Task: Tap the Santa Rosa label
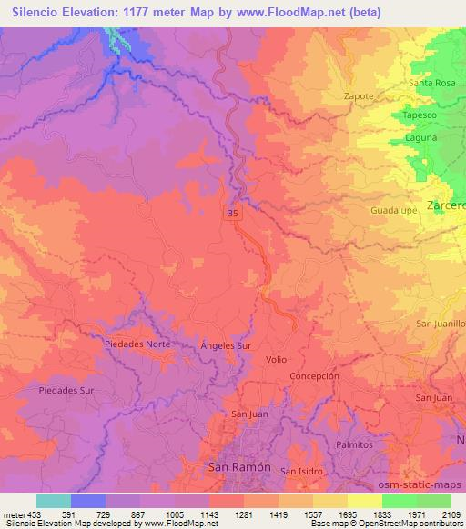[x=432, y=83]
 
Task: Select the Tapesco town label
[x=421, y=116]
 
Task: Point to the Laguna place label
[x=421, y=138]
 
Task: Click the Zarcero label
[x=446, y=205]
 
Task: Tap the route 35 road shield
[x=234, y=211]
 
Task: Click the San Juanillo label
[x=441, y=324]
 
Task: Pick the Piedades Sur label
[x=67, y=390]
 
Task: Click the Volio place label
[x=277, y=360]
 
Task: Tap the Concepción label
[x=314, y=375]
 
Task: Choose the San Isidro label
[x=300, y=471]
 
